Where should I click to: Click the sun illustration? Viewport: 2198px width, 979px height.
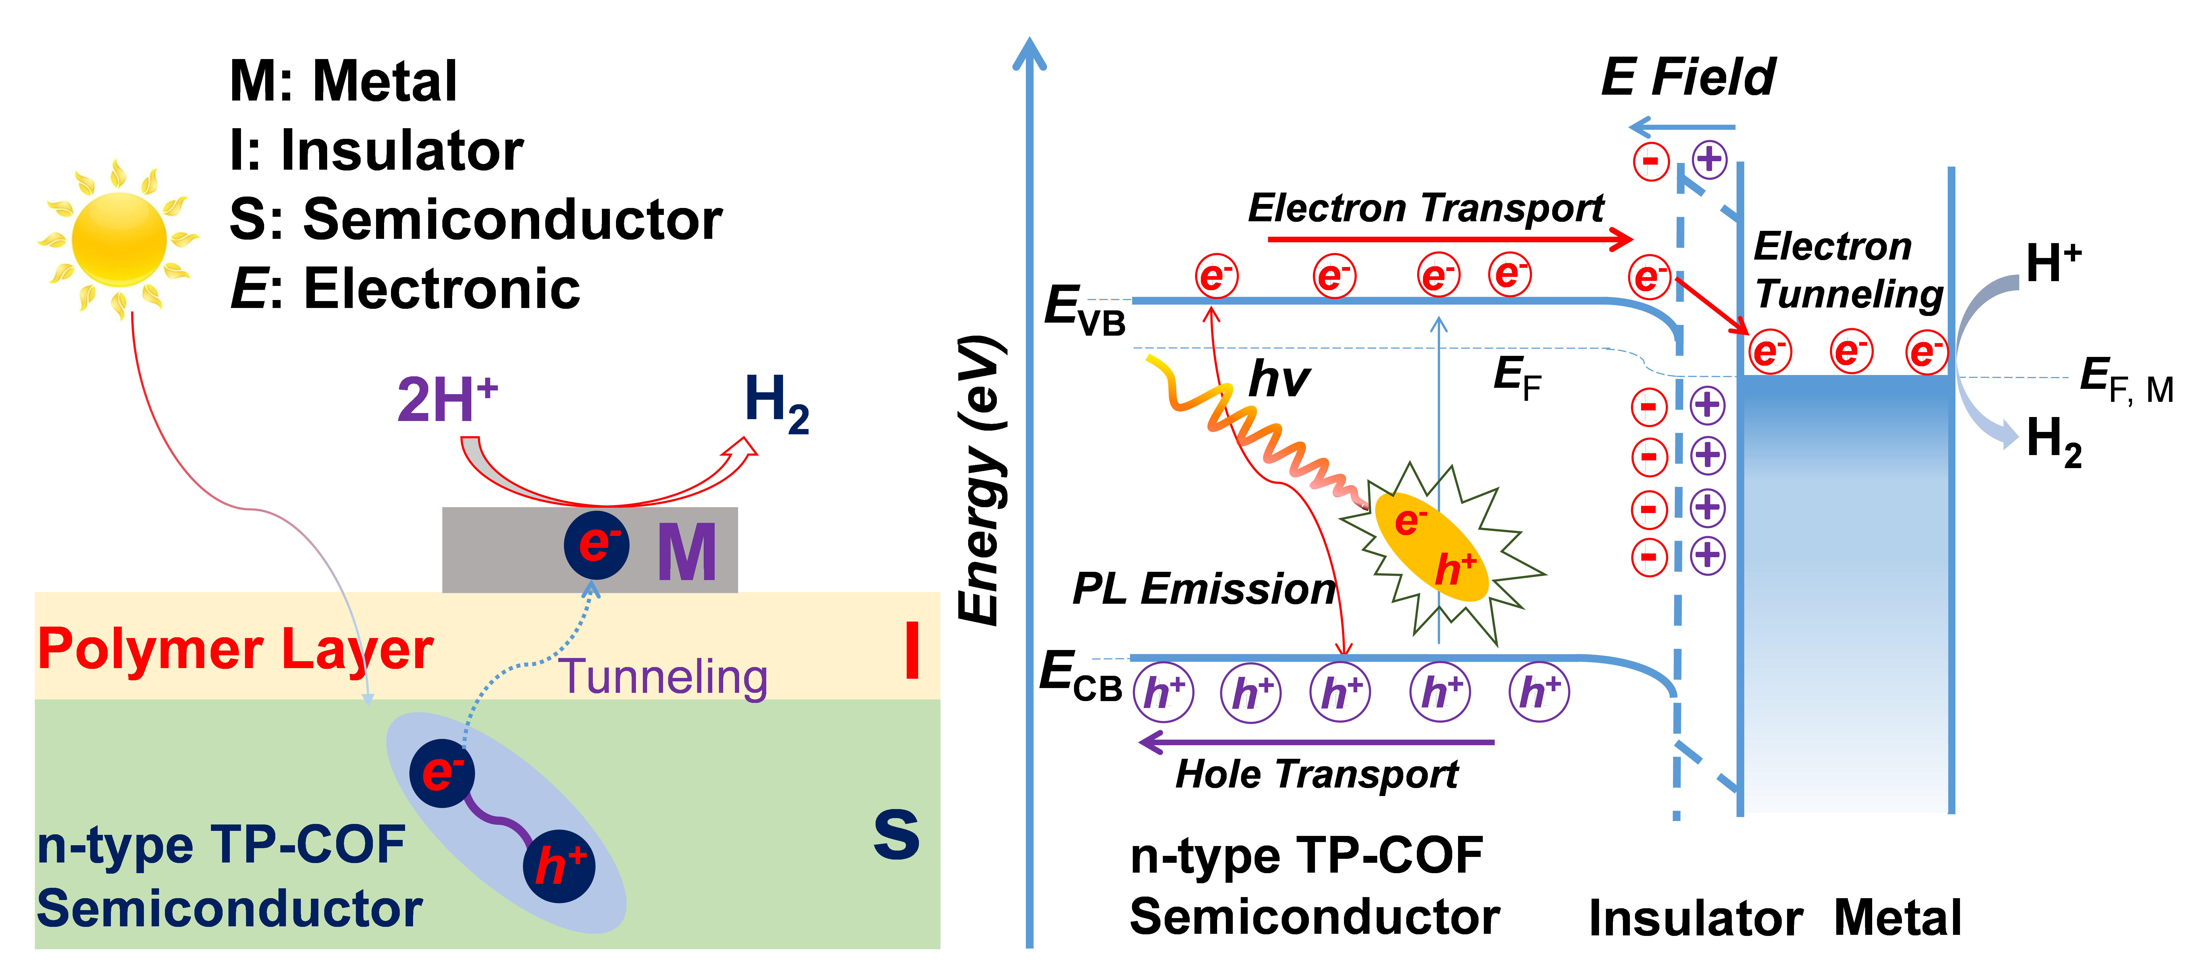pos(119,239)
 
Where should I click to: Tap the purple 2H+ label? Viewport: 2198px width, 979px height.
pos(446,399)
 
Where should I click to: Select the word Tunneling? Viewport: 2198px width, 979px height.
pos(663,677)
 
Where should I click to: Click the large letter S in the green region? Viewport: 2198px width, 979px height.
pos(896,835)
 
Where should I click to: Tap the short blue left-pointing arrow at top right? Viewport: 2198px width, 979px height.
pos(1681,128)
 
